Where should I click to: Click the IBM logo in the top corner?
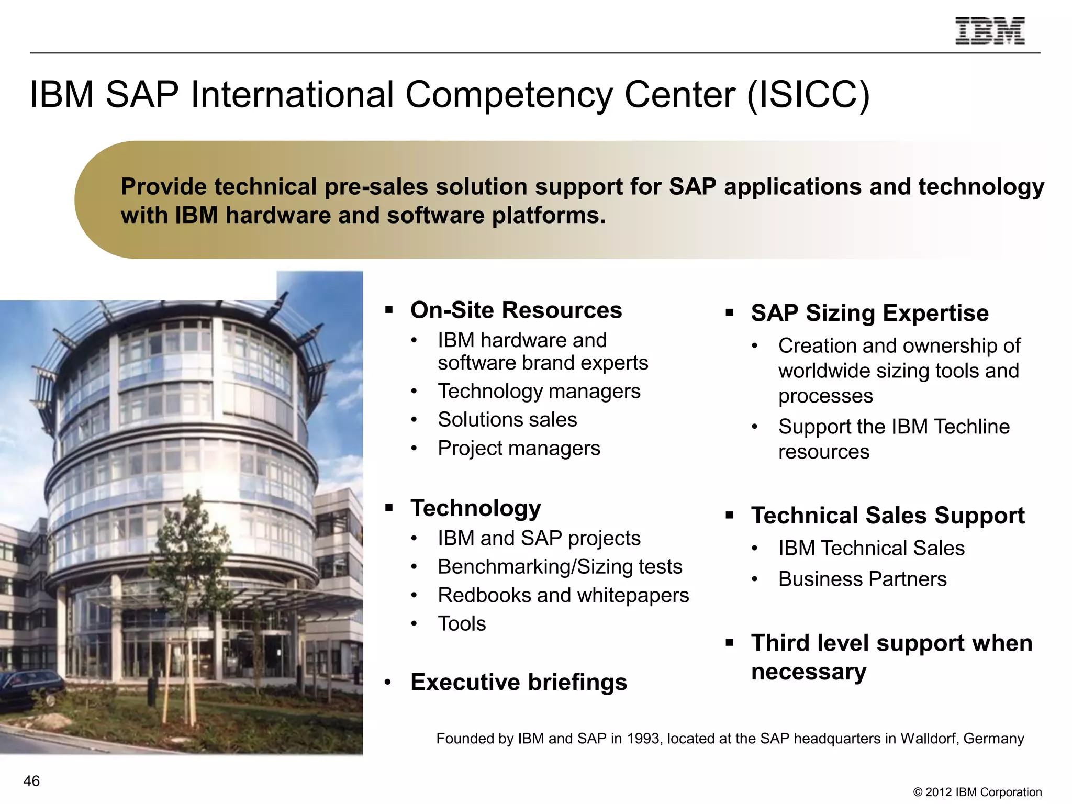click(x=989, y=31)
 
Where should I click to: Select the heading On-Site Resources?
click(x=516, y=310)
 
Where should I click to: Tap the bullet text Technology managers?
click(x=539, y=392)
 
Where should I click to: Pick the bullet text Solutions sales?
click(x=507, y=420)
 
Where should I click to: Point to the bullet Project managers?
click(x=518, y=449)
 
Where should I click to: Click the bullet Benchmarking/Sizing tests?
click(x=560, y=567)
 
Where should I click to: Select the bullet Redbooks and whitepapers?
click(x=563, y=596)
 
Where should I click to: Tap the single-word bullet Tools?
click(x=461, y=624)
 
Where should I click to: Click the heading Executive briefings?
click(x=518, y=682)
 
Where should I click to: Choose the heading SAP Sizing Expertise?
click(x=869, y=313)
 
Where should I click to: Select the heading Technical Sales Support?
click(x=887, y=516)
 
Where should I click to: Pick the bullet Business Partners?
click(x=862, y=579)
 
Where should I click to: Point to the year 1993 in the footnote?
click(x=643, y=739)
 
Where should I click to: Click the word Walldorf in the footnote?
click(x=929, y=739)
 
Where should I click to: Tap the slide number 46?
click(x=31, y=781)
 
